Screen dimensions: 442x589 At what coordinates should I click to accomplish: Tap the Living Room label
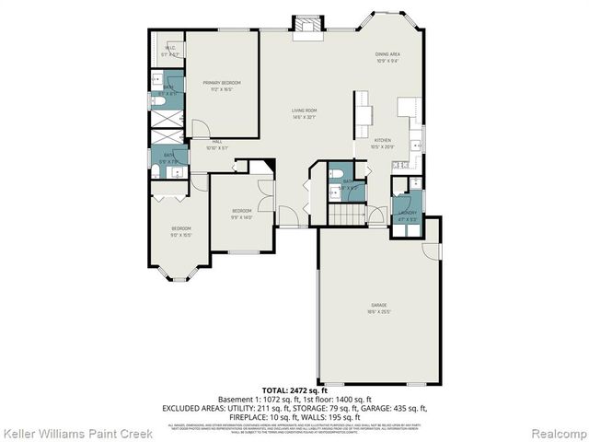coord(304,112)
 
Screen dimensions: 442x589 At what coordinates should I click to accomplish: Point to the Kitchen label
coord(381,144)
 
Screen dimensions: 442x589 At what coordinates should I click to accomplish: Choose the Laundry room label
coord(406,216)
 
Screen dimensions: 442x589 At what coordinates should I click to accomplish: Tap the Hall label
coord(217,143)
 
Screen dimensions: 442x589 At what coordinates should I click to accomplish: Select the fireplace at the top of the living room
coord(305,28)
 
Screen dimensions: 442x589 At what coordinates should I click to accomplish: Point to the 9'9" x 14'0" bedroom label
coord(240,214)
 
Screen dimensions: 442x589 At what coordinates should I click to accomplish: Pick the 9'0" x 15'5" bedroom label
coord(180,231)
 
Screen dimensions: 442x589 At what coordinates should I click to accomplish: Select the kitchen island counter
coord(366,114)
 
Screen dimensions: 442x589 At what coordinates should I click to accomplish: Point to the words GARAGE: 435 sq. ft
coord(392,407)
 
